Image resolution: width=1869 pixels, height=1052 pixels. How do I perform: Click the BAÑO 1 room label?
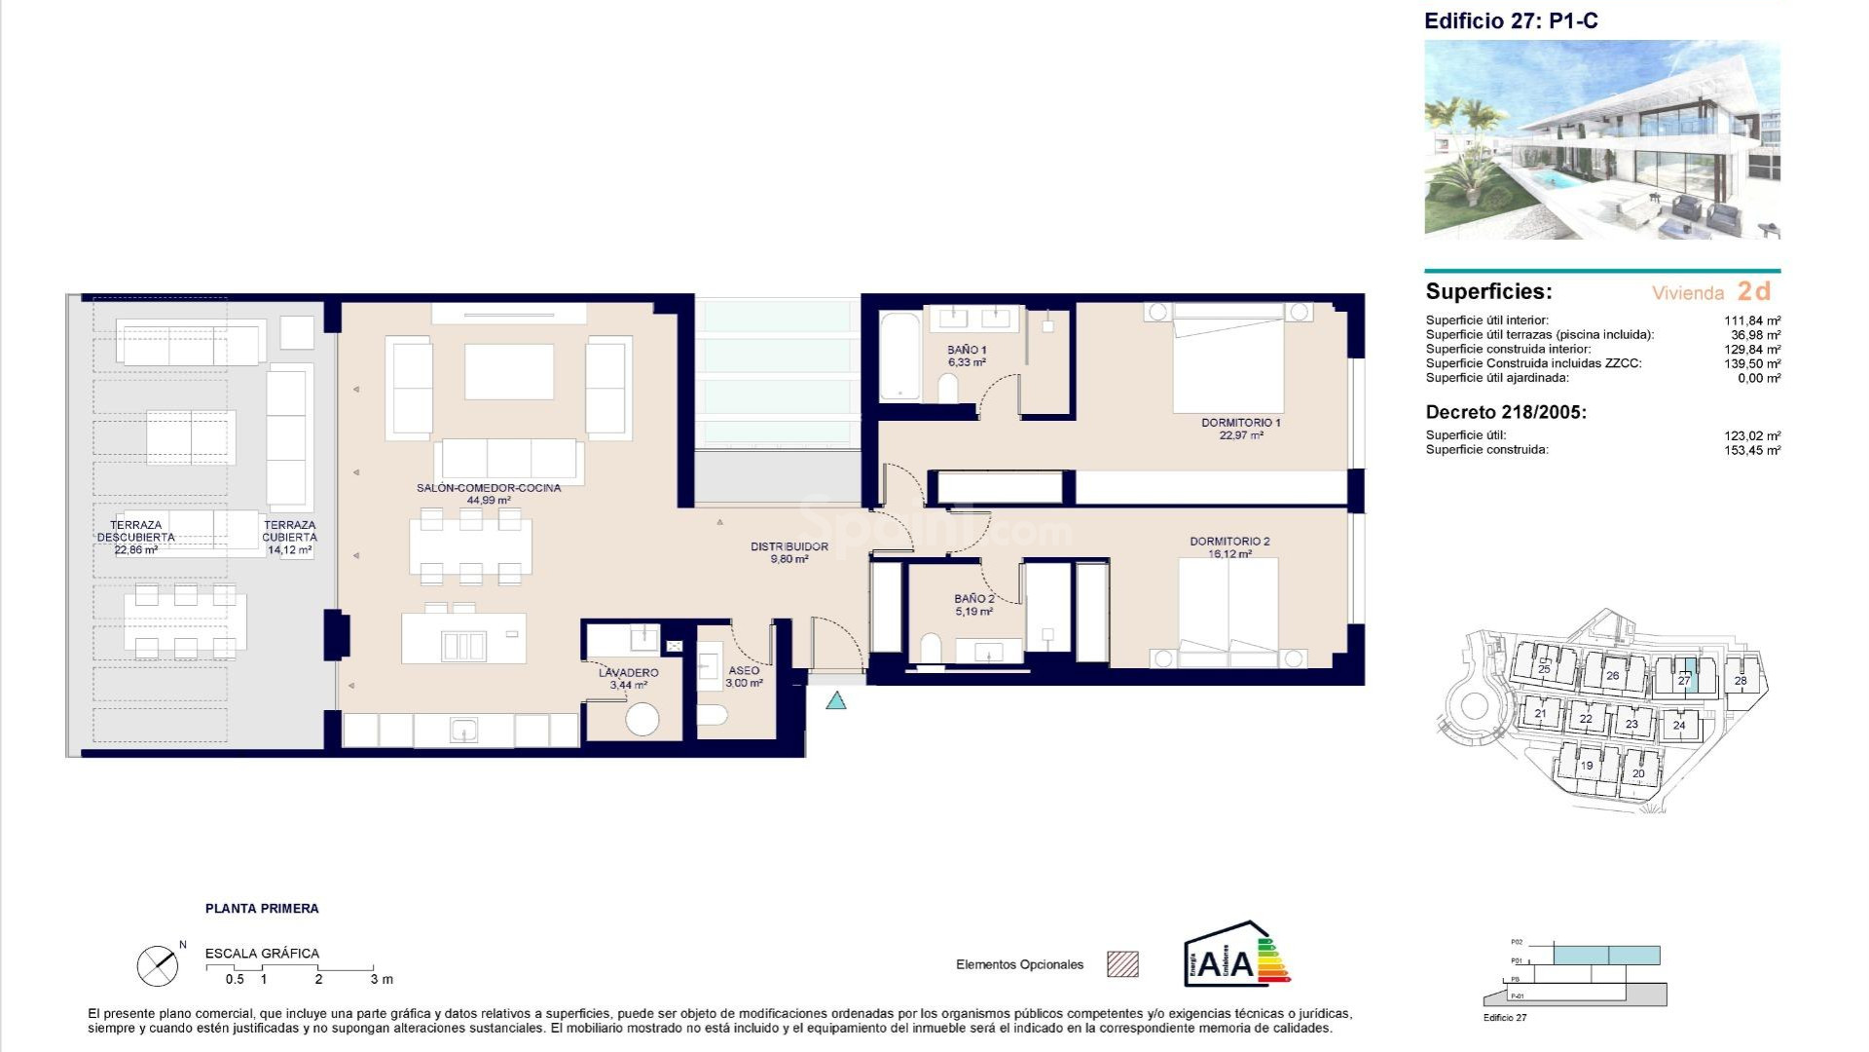(967, 356)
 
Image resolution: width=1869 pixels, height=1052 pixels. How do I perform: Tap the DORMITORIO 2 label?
(1229, 547)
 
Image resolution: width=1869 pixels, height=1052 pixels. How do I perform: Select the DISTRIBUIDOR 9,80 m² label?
(788, 552)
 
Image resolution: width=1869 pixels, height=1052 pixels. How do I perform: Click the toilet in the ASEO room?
(713, 716)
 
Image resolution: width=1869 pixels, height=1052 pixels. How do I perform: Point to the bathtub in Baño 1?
(899, 356)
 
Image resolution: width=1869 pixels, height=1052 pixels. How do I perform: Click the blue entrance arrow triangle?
(836, 700)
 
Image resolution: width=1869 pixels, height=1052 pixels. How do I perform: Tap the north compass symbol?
(158, 965)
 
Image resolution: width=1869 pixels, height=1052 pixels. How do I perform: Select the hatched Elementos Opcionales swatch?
(1122, 964)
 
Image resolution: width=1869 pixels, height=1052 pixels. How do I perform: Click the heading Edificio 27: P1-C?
(1510, 20)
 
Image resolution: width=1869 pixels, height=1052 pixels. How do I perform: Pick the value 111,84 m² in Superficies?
(1752, 320)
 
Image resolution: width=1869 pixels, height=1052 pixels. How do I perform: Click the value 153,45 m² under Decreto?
(1752, 450)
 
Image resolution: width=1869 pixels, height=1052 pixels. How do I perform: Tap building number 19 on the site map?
(1586, 766)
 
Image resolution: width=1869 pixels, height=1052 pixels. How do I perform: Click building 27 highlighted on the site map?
(1684, 680)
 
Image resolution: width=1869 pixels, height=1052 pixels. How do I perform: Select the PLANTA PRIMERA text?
(262, 909)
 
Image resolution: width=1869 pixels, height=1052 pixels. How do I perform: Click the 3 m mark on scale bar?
(381, 979)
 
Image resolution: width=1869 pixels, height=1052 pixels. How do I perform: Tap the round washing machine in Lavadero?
(642, 720)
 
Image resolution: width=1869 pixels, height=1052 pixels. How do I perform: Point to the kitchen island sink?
(463, 645)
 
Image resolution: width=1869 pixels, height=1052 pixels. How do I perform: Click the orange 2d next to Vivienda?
(1753, 291)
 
